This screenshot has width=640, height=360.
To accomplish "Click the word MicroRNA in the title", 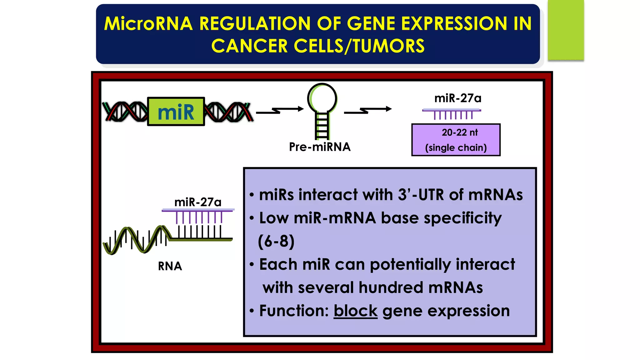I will click(148, 23).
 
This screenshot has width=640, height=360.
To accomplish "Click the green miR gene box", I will click(176, 112).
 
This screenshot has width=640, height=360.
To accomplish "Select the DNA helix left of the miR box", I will click(125, 112).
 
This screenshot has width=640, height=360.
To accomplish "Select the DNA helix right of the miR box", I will click(228, 112).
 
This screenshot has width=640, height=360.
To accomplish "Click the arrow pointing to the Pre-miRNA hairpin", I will click(280, 110).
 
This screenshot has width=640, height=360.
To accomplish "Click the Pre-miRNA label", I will click(319, 147).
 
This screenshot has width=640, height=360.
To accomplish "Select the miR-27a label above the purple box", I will click(457, 98).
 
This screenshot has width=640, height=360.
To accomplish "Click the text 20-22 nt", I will click(459, 132).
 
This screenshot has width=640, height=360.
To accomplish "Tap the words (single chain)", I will click(456, 147).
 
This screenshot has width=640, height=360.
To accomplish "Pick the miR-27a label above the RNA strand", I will click(197, 202).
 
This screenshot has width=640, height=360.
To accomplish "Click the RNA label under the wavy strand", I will click(170, 266).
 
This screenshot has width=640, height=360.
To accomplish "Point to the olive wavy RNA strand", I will click(137, 241).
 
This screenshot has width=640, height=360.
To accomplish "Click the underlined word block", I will click(355, 311).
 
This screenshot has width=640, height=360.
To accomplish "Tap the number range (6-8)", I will click(276, 241).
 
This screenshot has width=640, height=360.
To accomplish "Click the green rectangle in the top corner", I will click(566, 30).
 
